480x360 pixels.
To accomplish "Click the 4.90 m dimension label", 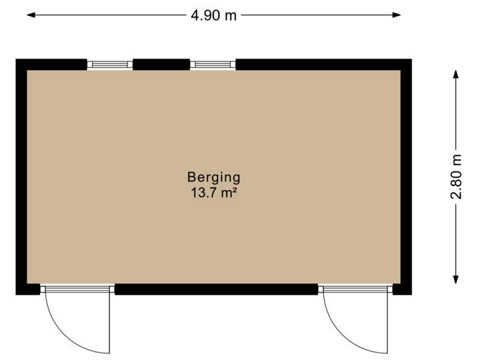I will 213,15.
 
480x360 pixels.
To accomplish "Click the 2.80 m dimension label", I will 456,177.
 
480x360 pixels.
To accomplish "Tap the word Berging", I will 213,177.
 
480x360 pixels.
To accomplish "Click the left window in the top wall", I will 110,64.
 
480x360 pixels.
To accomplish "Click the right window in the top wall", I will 213,64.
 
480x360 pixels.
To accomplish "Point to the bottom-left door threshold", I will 77,289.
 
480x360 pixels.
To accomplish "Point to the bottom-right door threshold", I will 355,289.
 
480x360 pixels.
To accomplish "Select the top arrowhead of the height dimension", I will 456,72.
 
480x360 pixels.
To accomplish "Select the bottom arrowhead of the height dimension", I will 456,281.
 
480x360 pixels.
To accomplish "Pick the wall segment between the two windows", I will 161,64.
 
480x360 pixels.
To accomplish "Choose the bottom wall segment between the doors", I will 216,289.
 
